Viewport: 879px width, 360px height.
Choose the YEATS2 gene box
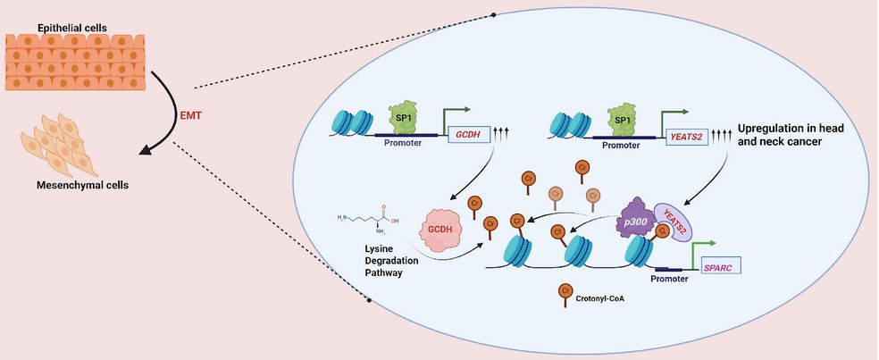click(691, 136)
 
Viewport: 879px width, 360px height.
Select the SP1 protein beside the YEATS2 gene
click(626, 117)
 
